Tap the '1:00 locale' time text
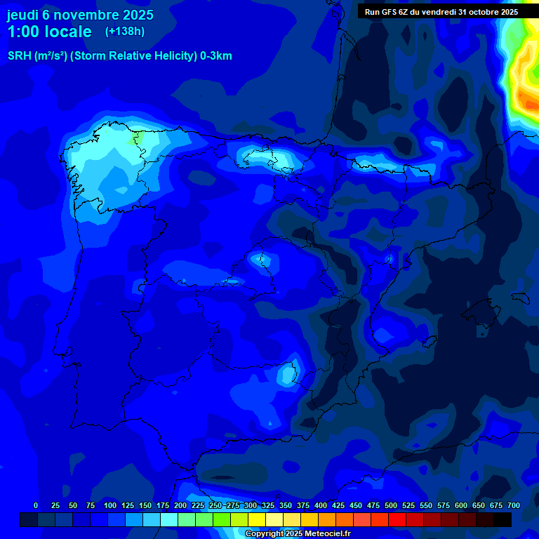coord(49,32)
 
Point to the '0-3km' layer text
coord(216,56)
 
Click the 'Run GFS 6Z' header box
coord(441,12)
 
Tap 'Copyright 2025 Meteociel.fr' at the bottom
coord(298,534)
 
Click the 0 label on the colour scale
coord(36,506)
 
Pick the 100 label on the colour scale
coord(110,506)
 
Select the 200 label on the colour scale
coord(180,506)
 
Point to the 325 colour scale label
coord(268,506)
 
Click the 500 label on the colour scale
coord(391,506)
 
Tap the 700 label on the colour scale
coord(513,506)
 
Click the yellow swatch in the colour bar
coord(257,519)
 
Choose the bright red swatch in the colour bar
coord(397,519)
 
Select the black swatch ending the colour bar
coord(503,519)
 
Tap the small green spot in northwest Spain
coord(138,138)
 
